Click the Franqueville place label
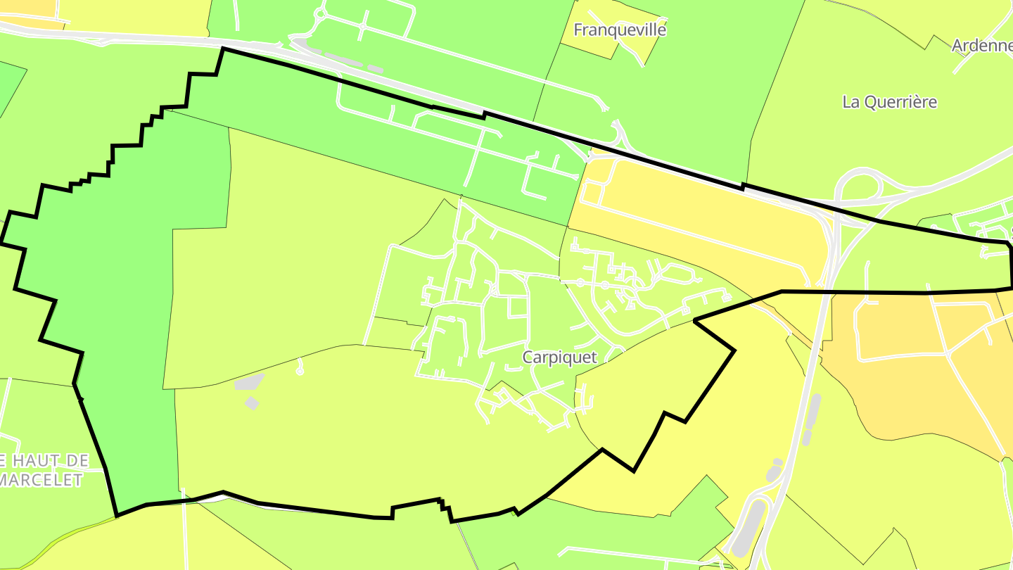[619, 30]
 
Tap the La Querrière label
[889, 102]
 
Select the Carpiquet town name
[559, 357]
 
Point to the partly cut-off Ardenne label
[982, 46]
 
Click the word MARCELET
[42, 480]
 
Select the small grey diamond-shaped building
[252, 403]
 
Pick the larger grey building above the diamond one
[249, 381]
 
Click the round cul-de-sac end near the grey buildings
[300, 371]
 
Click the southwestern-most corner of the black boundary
[117, 516]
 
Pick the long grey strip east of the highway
[811, 419]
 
